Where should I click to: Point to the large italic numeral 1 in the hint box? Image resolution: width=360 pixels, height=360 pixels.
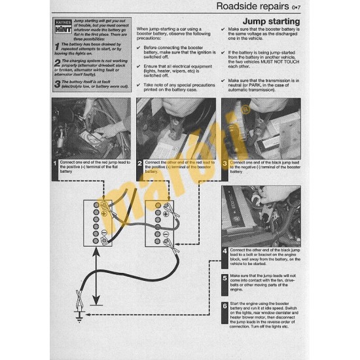point(57,46)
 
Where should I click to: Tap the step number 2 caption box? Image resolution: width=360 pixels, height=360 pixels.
point(139,164)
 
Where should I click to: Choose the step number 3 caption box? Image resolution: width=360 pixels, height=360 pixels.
point(225,164)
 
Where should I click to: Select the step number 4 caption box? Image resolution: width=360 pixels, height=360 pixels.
point(225,249)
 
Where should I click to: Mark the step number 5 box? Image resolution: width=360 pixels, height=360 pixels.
point(225,278)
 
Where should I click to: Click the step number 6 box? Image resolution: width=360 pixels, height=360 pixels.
point(225,306)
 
